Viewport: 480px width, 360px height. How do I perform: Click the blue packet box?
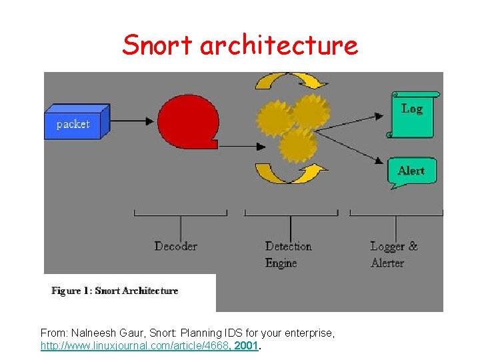pyautogui.click(x=75, y=123)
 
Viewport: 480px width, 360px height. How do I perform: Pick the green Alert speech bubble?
pyautogui.click(x=411, y=171)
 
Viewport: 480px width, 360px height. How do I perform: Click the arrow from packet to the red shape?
pyautogui.click(x=133, y=121)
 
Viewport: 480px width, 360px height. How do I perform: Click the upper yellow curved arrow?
pyautogui.click(x=291, y=82)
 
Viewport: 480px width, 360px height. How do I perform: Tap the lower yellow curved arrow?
pyautogui.click(x=290, y=174)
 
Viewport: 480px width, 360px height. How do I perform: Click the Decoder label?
pyautogui.click(x=176, y=246)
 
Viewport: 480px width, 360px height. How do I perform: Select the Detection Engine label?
pyautogui.click(x=288, y=254)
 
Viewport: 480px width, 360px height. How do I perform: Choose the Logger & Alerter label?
pyautogui.click(x=393, y=254)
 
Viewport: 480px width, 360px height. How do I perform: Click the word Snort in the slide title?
pyautogui.click(x=157, y=45)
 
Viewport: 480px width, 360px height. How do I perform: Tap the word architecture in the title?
pyautogui.click(x=279, y=45)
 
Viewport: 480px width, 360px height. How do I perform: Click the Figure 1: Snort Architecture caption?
pyautogui.click(x=115, y=291)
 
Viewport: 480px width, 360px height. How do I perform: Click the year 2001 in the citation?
pyautogui.click(x=246, y=347)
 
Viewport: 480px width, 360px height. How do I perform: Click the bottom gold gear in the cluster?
pyautogui.click(x=297, y=145)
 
